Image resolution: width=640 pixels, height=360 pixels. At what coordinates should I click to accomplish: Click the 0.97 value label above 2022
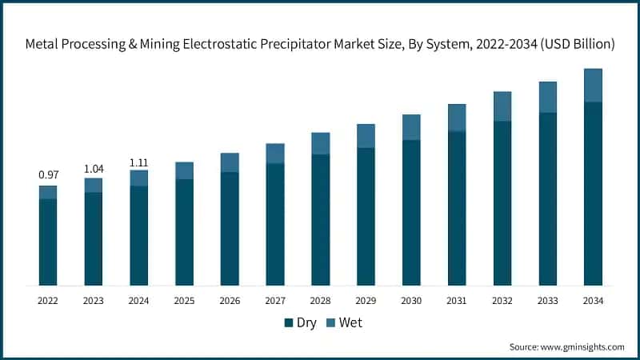48,174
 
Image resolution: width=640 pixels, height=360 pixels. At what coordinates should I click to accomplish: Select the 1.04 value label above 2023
94,168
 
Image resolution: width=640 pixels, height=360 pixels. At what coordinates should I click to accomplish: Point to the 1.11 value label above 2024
139,163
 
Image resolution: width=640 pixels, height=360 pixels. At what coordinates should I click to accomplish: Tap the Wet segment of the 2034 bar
593,86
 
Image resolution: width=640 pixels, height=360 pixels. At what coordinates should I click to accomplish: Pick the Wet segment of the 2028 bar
321,143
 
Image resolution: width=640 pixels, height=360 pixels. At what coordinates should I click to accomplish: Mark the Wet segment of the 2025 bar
184,170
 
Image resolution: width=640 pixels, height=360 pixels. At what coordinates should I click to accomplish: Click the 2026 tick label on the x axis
230,301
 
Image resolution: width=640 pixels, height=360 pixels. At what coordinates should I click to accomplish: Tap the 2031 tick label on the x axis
457,301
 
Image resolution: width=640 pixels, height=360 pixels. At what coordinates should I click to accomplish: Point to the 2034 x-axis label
593,301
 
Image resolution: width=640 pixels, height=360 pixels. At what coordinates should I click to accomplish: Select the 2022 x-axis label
48,301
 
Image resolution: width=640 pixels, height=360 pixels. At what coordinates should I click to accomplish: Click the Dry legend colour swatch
289,323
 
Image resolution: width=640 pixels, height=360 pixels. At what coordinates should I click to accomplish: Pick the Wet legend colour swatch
330,323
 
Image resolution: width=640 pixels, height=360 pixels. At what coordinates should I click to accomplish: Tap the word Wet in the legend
350,323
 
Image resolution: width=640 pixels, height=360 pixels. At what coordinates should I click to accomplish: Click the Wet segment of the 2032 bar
502,106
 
